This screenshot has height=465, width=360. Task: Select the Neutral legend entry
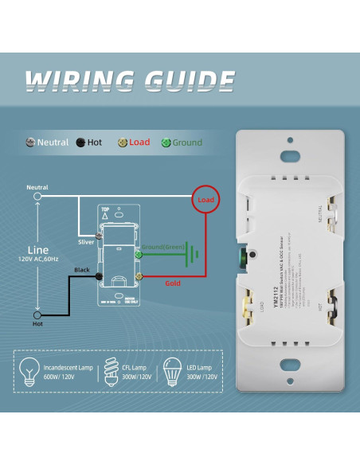[x=47, y=143]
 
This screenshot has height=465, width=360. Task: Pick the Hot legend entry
[x=89, y=143]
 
